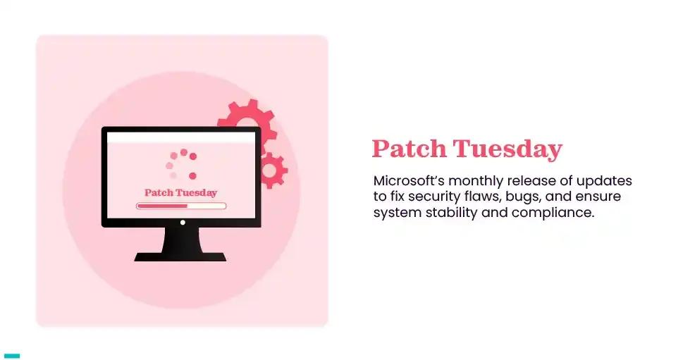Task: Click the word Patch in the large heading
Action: (x=409, y=149)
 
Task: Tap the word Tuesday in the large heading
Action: (x=507, y=149)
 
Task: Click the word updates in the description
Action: (x=608, y=180)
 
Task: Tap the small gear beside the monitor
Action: (x=273, y=170)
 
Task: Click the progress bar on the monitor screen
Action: (x=181, y=206)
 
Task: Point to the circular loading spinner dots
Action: (x=181, y=164)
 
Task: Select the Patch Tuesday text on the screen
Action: (x=181, y=192)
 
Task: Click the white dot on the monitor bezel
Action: (x=183, y=223)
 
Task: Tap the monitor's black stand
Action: (x=181, y=247)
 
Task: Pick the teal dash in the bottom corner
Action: (x=12, y=356)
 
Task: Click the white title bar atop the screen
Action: (x=181, y=138)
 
